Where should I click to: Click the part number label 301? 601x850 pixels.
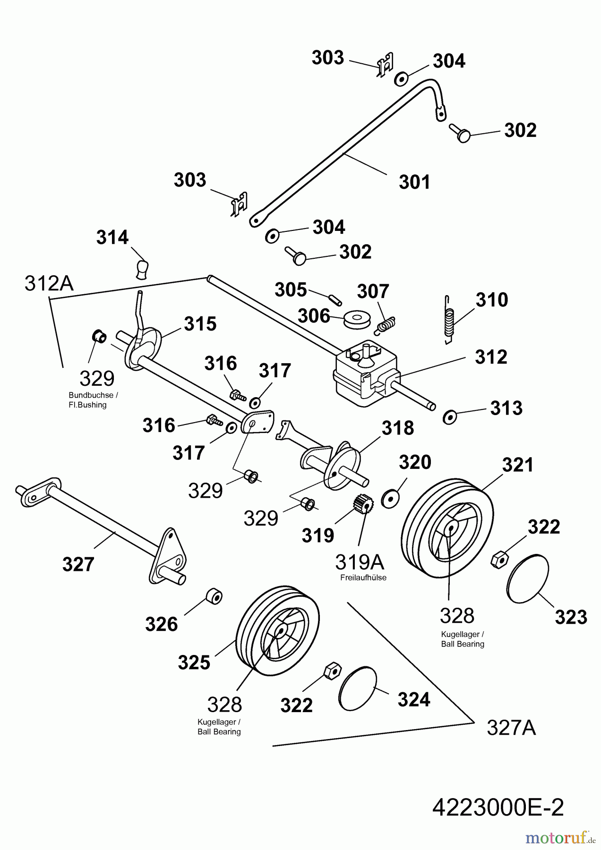(414, 182)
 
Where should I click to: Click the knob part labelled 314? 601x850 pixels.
(142, 269)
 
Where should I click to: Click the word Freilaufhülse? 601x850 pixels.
(363, 578)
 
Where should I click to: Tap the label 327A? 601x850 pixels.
(511, 729)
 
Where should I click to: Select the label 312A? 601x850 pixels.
(49, 283)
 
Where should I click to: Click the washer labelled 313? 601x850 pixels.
(449, 417)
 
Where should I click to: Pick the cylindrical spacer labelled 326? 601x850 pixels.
(214, 596)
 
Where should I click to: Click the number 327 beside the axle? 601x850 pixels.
(78, 564)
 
